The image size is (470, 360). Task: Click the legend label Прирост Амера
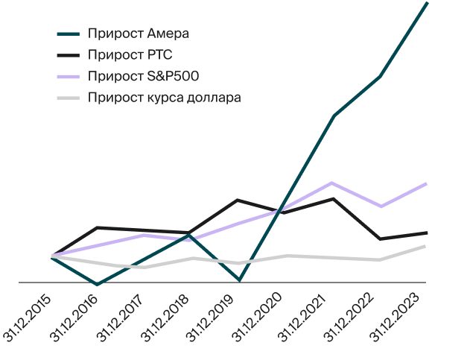pos(138,34)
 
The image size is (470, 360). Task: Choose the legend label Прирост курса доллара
pos(164,98)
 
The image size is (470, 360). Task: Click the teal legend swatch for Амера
pos(69,34)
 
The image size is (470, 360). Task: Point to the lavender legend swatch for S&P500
pos(69,76)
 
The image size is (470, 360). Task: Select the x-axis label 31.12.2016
pos(75,319)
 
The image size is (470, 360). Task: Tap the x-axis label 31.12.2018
pos(168,319)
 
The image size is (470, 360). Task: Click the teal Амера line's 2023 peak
pos(427,3)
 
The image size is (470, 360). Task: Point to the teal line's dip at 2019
pos(238,280)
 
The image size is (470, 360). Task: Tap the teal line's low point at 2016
pos(98,285)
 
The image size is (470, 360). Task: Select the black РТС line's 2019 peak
pos(237,200)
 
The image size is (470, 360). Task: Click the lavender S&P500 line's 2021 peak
pos(332,183)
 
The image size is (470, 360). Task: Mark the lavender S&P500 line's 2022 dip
pos(381,206)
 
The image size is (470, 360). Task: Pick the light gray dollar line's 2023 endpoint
pos(425,246)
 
